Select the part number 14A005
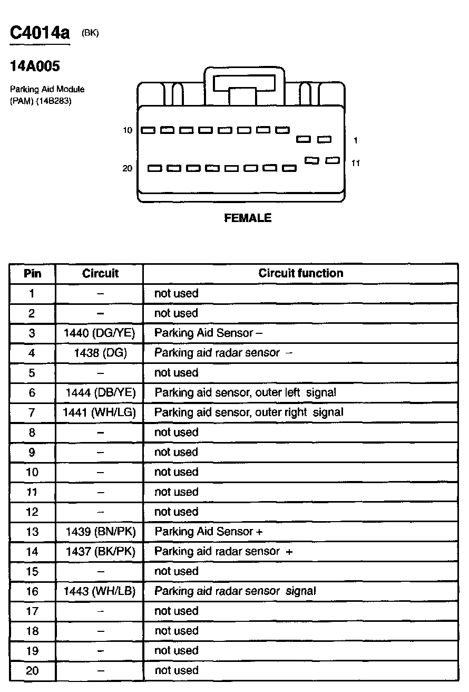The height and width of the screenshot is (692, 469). click(x=35, y=67)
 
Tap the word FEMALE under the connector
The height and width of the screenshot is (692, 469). click(x=248, y=218)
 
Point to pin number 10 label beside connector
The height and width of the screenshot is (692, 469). click(x=128, y=130)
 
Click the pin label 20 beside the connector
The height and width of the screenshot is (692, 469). click(x=128, y=169)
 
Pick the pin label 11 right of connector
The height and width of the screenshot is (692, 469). click(x=356, y=164)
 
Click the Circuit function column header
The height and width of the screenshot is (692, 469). click(x=300, y=273)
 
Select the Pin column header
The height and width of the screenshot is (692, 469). click(x=32, y=273)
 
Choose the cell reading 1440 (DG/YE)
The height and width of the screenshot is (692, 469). click(x=100, y=333)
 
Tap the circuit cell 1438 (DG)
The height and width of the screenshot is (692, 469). click(x=100, y=353)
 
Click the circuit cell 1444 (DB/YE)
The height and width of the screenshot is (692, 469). click(x=100, y=392)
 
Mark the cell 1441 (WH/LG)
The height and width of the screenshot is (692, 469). click(x=100, y=412)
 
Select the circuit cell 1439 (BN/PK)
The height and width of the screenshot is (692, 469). click(x=100, y=532)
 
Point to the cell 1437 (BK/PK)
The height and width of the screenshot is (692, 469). click(x=100, y=552)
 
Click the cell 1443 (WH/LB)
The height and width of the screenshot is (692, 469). click(x=100, y=591)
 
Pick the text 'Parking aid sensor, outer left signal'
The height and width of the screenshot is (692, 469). click(x=245, y=392)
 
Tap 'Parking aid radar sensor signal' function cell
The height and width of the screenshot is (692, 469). click(x=235, y=591)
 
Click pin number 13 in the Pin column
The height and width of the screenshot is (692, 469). click(x=32, y=532)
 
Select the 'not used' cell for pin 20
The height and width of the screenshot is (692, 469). click(x=176, y=671)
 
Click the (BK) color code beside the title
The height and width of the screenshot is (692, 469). click(x=90, y=33)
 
